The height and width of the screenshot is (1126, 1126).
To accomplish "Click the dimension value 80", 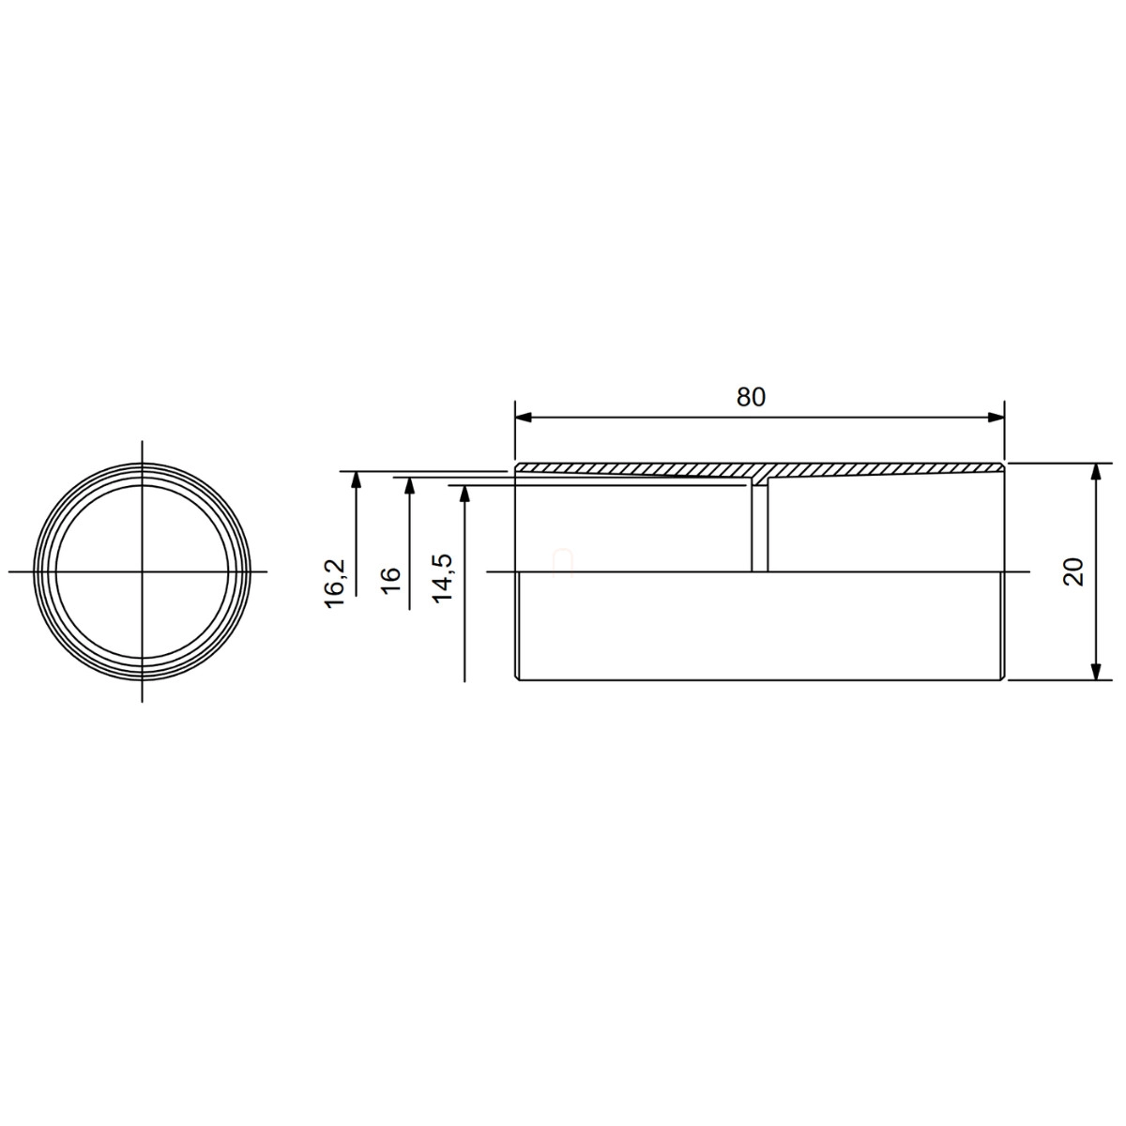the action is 751,397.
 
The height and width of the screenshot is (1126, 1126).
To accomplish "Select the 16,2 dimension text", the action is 335,585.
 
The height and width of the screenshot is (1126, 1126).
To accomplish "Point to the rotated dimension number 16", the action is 390,580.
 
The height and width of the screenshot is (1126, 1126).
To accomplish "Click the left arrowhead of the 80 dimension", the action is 524,418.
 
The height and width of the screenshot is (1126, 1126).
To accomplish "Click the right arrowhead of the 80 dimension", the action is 996,418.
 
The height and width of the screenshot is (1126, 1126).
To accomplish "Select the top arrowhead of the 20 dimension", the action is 1096,472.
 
